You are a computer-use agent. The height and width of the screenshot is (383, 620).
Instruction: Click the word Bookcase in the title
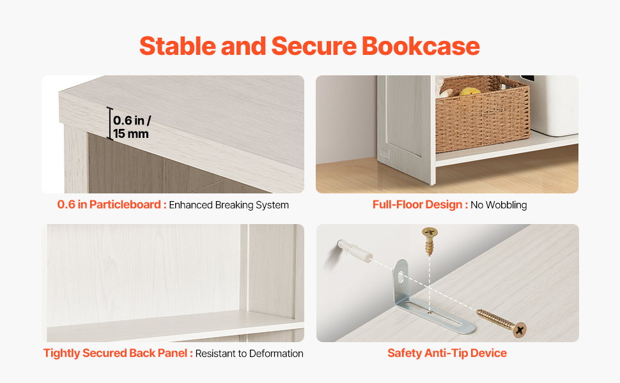coord(421,46)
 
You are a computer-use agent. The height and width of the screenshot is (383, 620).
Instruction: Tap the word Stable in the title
coord(178,46)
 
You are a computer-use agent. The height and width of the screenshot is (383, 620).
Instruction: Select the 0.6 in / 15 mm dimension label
coord(132,127)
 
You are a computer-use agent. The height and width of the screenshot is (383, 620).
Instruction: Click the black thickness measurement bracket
coord(109,123)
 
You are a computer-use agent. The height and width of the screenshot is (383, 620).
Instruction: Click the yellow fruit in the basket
coord(470,92)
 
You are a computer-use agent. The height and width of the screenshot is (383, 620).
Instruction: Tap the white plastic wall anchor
coord(355,250)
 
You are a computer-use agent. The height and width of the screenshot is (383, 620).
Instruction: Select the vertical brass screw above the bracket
coord(430,241)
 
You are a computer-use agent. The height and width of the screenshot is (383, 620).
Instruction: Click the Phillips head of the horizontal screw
coord(520,329)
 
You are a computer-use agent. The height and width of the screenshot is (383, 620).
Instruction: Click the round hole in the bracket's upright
coord(401,277)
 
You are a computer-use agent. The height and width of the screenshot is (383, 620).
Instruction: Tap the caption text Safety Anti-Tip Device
coord(447,353)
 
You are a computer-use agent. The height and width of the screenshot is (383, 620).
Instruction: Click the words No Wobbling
coord(499,205)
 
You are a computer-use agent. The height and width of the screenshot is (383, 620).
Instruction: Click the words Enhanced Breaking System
coord(229,205)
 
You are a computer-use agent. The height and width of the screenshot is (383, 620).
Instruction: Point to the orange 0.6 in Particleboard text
coord(109,204)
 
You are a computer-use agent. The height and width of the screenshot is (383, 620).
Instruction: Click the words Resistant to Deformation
coord(249,354)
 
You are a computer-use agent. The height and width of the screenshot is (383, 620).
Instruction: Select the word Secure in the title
coord(314,46)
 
